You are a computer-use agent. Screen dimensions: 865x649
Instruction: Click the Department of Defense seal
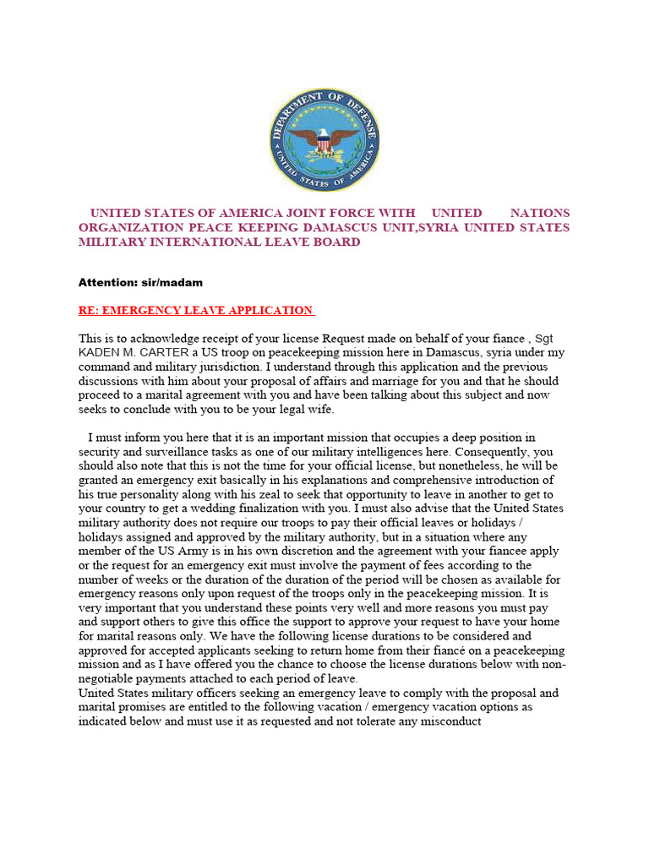click(324, 140)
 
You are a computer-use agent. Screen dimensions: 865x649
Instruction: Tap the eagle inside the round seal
click(324, 140)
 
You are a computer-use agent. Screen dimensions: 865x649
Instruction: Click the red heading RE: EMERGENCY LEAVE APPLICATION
click(196, 310)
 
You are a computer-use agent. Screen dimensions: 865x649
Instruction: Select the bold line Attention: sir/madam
click(141, 282)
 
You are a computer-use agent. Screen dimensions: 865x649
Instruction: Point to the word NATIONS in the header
click(540, 213)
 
